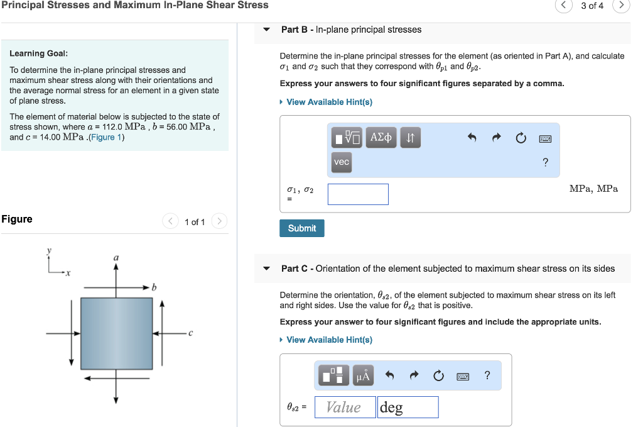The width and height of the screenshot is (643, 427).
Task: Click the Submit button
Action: [x=301, y=228]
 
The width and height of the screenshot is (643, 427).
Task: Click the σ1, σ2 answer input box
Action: [x=358, y=194]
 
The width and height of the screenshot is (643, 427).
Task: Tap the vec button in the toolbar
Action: [x=341, y=162]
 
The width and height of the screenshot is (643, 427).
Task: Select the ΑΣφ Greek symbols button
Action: [x=381, y=137]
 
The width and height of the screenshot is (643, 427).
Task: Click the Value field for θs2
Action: [x=345, y=408]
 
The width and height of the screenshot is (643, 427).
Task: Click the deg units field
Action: [x=408, y=408]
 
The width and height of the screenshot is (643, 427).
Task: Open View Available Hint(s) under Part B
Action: [x=329, y=102]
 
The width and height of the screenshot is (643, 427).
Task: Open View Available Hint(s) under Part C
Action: [x=329, y=340]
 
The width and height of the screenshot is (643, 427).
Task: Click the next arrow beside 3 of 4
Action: [x=621, y=6]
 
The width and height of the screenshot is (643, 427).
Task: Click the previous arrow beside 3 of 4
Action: [x=563, y=6]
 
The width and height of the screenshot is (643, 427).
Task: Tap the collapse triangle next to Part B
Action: [x=267, y=30]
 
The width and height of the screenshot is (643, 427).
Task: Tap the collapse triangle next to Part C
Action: [x=267, y=269]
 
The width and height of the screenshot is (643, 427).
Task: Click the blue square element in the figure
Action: [x=117, y=333]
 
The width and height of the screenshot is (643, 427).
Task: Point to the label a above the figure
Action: [x=116, y=258]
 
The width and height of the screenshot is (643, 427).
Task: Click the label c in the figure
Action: [x=190, y=333]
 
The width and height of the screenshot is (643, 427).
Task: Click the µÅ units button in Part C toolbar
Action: [x=364, y=376]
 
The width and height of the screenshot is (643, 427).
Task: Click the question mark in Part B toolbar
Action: [x=545, y=163]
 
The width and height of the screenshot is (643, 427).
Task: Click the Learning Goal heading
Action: [x=39, y=53]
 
